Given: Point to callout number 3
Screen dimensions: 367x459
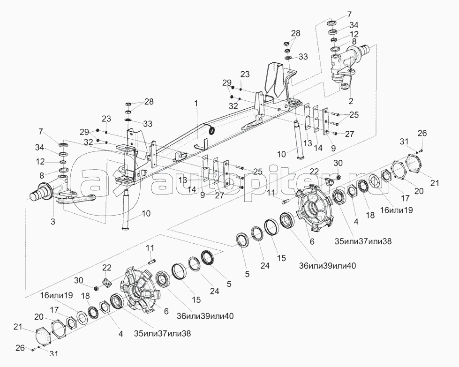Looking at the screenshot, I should (x=53, y=221).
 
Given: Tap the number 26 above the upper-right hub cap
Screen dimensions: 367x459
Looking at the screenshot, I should (x=422, y=133).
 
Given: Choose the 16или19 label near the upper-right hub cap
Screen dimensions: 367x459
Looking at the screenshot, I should (x=397, y=210).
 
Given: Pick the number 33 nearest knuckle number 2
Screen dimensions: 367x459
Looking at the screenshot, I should (x=303, y=57).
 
